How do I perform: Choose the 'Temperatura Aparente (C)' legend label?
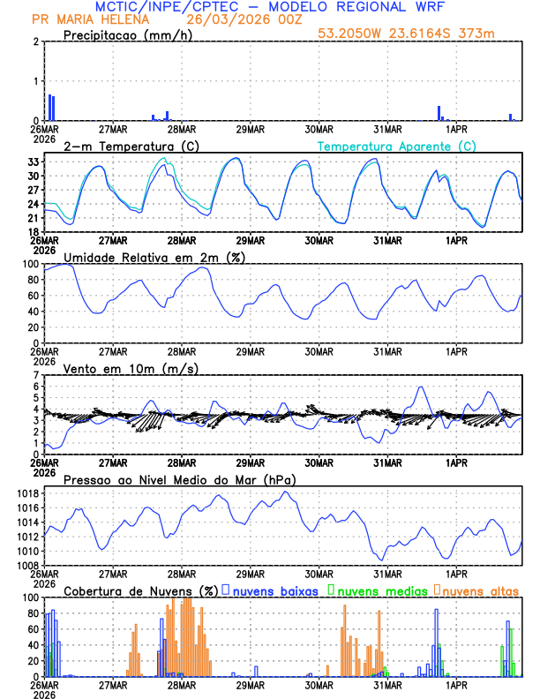(396, 146)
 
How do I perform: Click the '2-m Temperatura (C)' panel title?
(125, 146)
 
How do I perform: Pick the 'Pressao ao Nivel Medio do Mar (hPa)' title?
(179, 479)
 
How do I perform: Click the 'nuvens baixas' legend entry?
(273, 590)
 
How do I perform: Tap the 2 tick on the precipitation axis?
(37, 41)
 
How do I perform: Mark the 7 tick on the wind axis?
(37, 375)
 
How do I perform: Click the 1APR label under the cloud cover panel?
(456, 684)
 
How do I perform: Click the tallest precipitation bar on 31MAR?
(439, 113)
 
